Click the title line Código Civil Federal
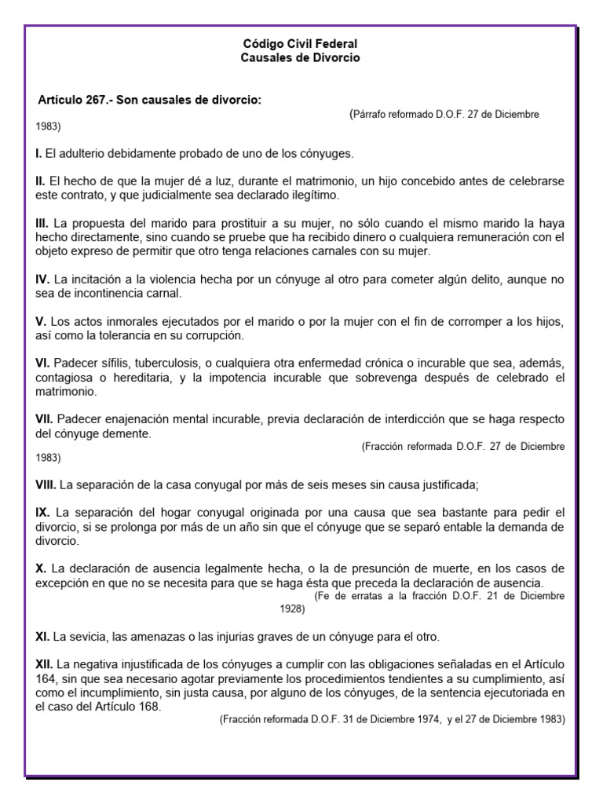pyautogui.click(x=300, y=45)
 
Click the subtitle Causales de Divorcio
pyautogui.click(x=300, y=58)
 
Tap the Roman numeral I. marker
pyautogui.click(x=38, y=153)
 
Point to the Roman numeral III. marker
pyautogui.click(x=42, y=224)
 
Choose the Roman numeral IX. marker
pyautogui.click(x=42, y=512)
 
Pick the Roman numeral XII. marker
pyautogui.click(x=45, y=664)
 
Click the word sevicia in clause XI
pyautogui.click(x=89, y=635)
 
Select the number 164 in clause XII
pyautogui.click(x=46, y=678)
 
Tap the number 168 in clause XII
pyautogui.click(x=148, y=707)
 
